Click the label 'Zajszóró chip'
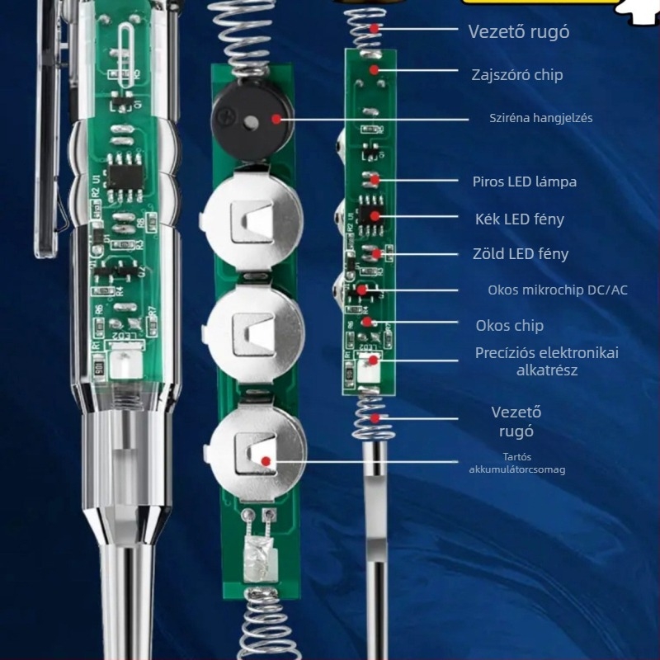[x=517, y=75]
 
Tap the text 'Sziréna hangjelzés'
[x=541, y=118]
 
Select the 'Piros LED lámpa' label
[x=525, y=181]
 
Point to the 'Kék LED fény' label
[x=520, y=219]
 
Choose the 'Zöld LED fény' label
[x=521, y=254]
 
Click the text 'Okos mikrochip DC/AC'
[x=558, y=290]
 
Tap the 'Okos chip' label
[x=509, y=325]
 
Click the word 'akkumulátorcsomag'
[x=517, y=469]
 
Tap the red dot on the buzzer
[x=276, y=119]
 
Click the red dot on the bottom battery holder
[x=266, y=461]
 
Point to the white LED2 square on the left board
[x=125, y=364]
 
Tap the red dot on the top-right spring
[x=375, y=28]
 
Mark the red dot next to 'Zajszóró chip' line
[x=375, y=69]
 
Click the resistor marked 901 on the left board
[x=98, y=369]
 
